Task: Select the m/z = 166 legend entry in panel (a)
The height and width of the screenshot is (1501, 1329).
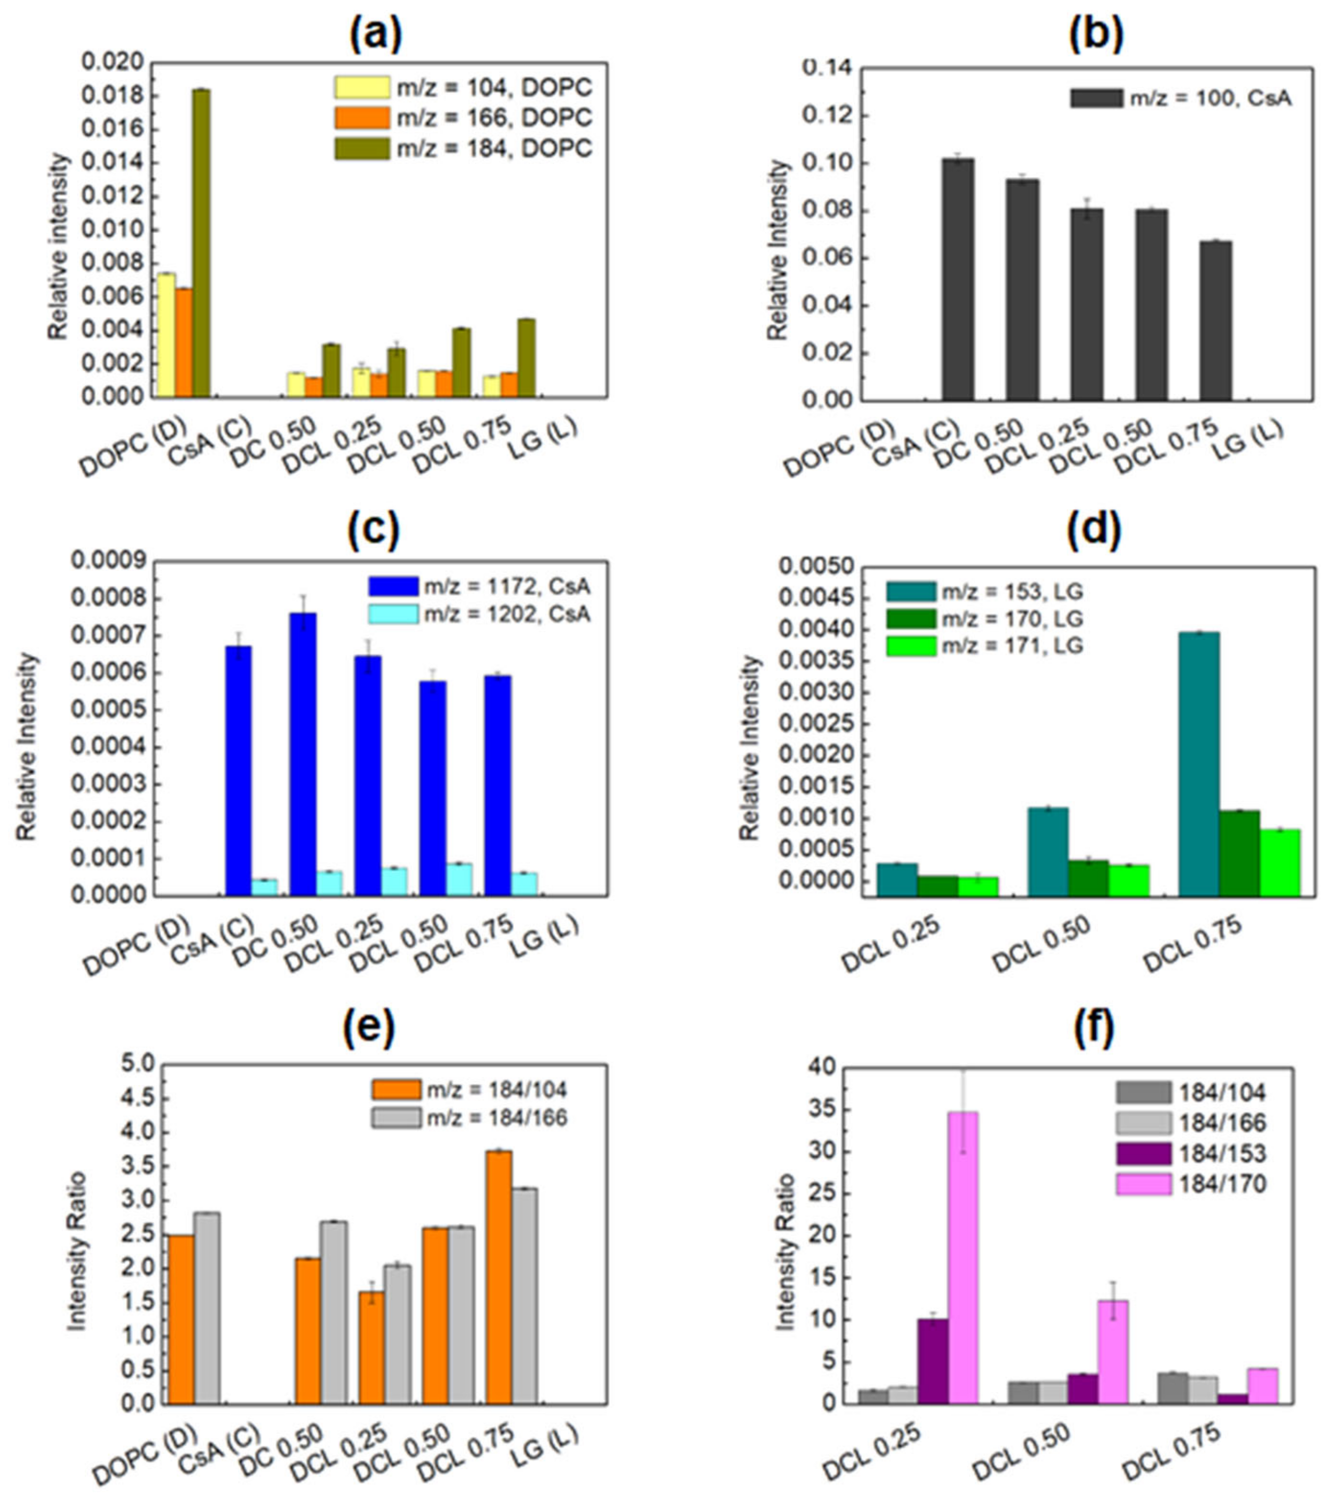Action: [x=462, y=117]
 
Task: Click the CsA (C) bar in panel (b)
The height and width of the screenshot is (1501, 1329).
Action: [x=958, y=279]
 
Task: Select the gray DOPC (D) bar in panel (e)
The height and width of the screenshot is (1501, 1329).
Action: [x=207, y=1309]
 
